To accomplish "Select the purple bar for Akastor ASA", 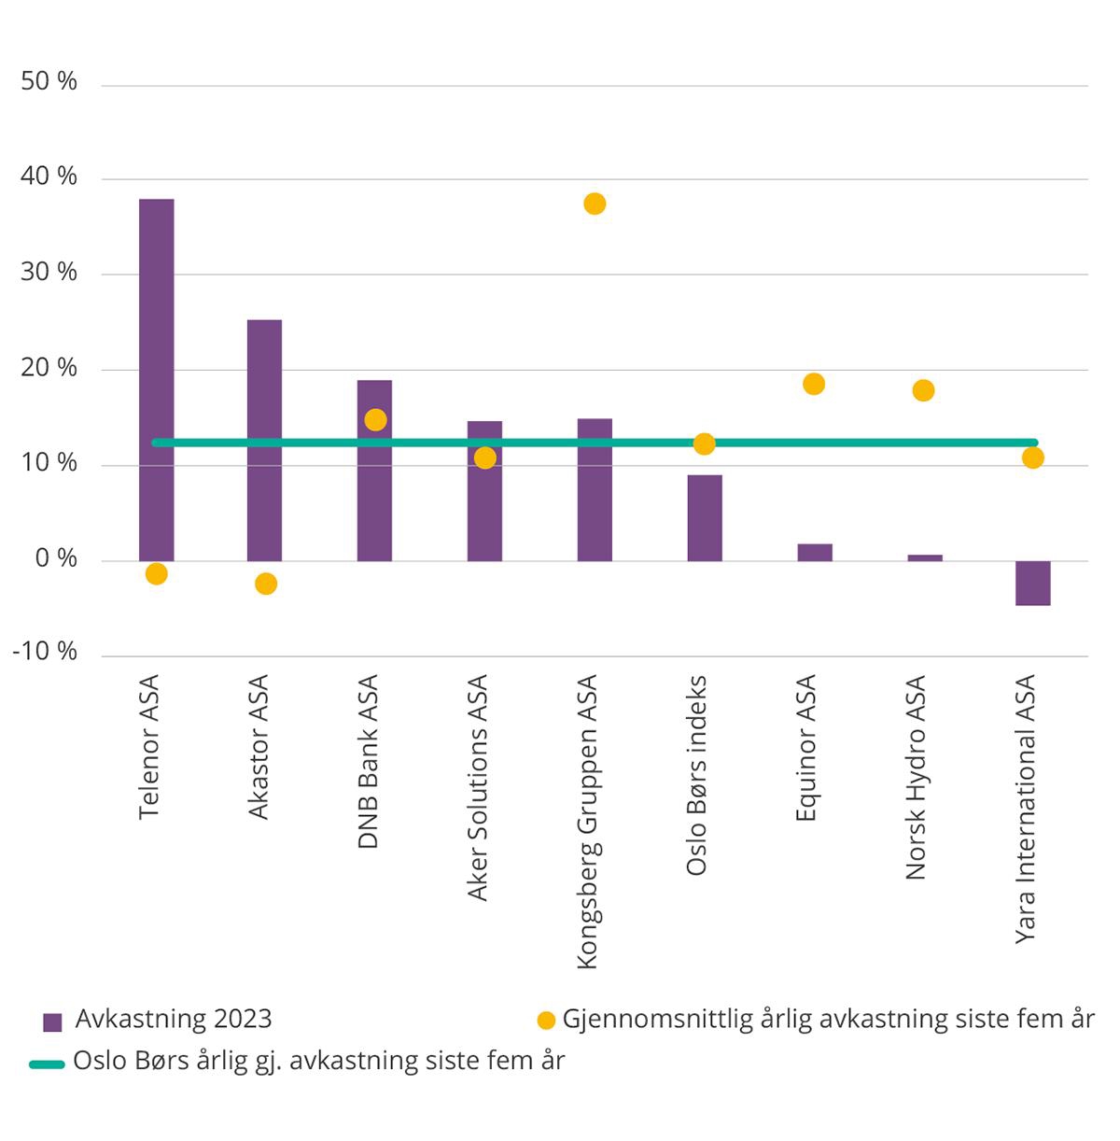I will (x=265, y=440).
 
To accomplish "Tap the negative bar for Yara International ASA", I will (x=1033, y=584).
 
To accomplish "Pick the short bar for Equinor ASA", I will (x=815, y=553).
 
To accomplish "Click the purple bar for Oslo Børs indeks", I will (x=705, y=518).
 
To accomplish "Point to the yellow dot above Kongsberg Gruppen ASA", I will (x=595, y=204).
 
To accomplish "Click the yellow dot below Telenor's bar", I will (x=156, y=573).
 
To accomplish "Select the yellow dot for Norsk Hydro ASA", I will (x=923, y=390).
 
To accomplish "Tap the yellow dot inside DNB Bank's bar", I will (x=375, y=419).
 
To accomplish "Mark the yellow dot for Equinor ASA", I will (x=814, y=384).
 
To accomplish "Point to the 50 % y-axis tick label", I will (x=49, y=82).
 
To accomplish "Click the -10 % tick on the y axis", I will (x=45, y=652).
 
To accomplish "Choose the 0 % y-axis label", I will (x=56, y=558).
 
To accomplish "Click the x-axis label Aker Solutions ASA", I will (x=478, y=788).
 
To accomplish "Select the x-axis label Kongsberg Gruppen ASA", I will (x=588, y=822).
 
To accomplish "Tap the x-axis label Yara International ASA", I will (x=1026, y=809).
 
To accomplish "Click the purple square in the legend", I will (x=53, y=1021).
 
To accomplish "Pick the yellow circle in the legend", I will (x=546, y=1021).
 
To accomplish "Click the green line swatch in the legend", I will (x=47, y=1064).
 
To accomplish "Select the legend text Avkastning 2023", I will (x=174, y=1019).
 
